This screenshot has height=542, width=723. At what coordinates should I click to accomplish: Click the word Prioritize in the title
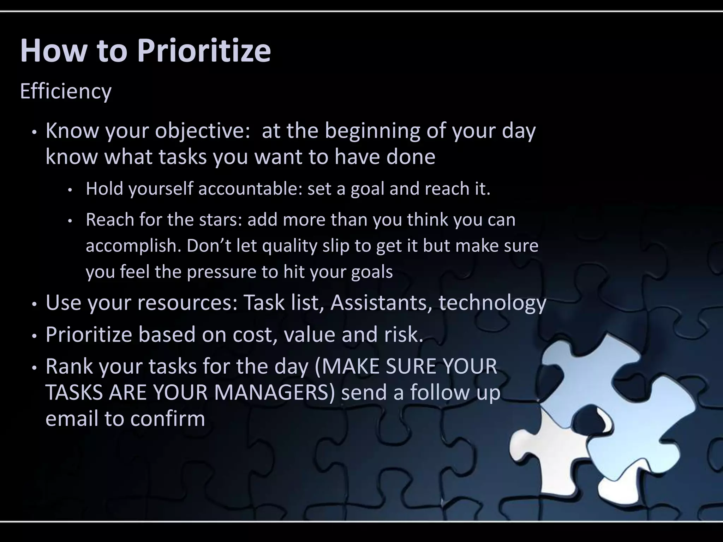(x=204, y=51)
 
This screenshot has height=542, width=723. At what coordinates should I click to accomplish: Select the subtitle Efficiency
(x=66, y=91)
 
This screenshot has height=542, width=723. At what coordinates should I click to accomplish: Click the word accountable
(x=250, y=188)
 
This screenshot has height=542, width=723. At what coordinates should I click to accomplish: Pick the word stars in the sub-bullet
(x=221, y=220)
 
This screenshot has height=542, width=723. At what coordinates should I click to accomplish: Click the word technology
(x=492, y=303)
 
